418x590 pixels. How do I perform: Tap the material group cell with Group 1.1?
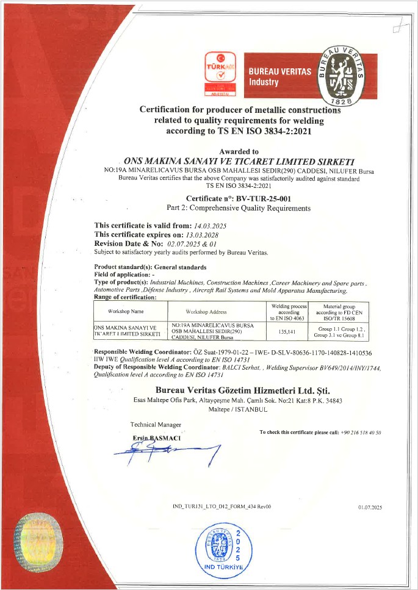click(338, 331)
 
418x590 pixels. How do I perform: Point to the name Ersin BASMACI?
click(156, 438)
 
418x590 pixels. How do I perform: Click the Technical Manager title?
click(156, 424)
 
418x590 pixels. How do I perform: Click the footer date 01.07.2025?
click(370, 507)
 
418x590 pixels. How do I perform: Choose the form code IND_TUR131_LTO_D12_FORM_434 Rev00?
click(222, 507)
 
